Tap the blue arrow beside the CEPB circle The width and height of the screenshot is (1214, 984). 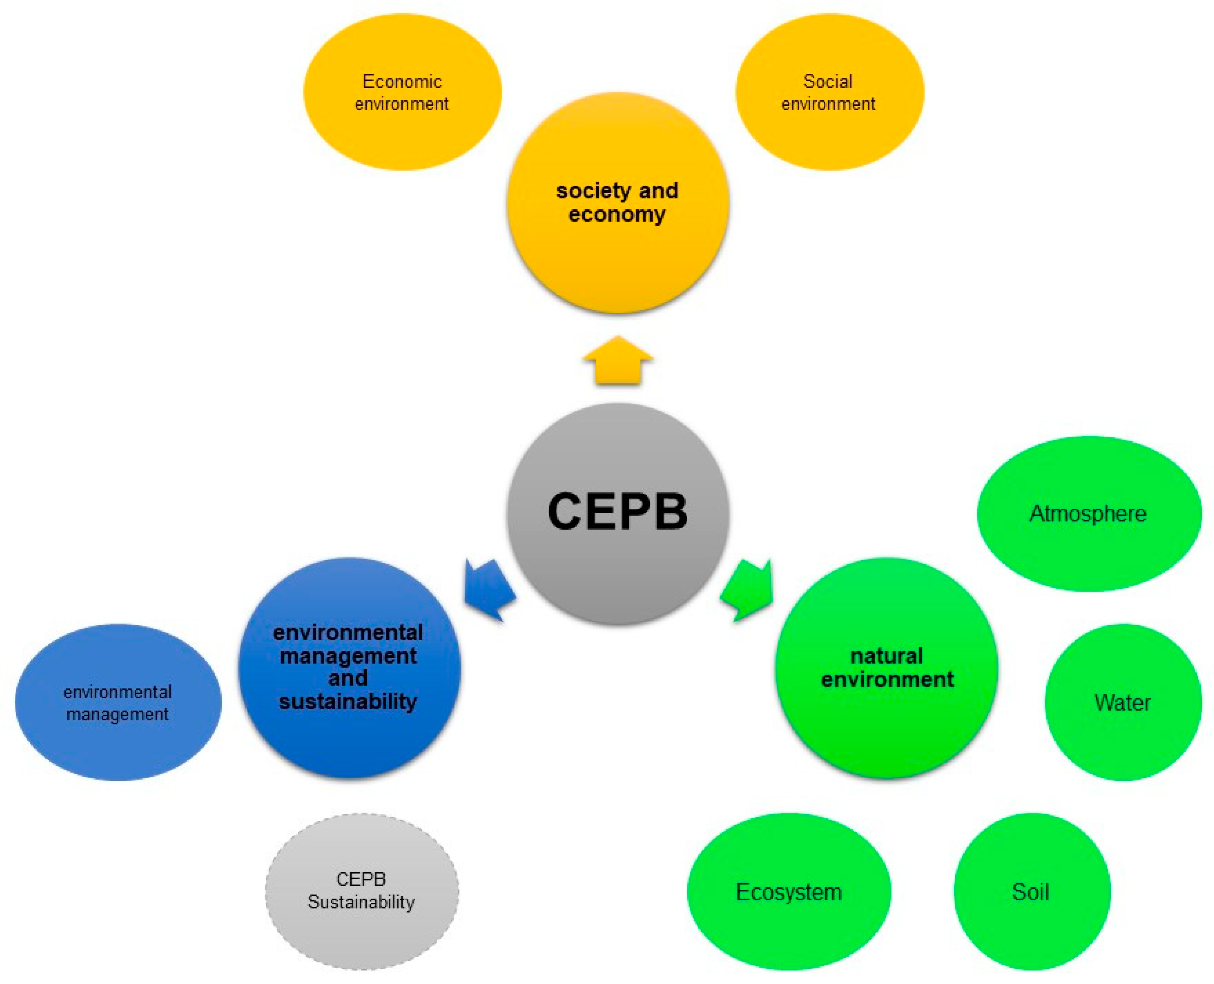tap(489, 589)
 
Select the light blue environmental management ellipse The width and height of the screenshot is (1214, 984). tap(118, 702)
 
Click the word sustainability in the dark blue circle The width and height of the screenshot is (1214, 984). tap(348, 701)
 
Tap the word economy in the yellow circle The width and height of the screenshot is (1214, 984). tap(617, 215)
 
